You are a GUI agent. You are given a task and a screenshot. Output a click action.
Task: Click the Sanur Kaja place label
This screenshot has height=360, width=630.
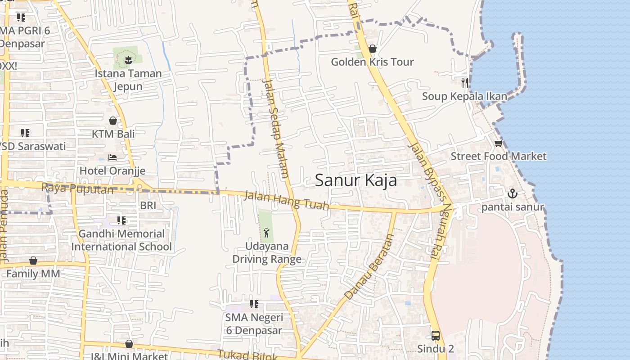click(355, 180)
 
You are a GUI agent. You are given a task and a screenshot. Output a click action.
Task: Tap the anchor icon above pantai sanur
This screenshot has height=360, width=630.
click(513, 194)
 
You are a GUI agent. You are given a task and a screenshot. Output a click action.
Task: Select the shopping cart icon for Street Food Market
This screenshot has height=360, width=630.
click(498, 144)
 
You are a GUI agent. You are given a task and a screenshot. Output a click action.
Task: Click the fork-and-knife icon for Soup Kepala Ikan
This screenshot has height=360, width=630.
click(465, 82)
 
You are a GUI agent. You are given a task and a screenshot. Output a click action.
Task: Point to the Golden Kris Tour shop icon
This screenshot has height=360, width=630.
click(373, 49)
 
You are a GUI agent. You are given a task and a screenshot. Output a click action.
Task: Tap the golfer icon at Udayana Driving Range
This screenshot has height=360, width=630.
click(266, 233)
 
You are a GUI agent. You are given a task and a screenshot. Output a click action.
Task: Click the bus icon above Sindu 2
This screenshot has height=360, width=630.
click(435, 335)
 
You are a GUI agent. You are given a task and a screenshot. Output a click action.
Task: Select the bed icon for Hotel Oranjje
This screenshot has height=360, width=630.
click(112, 157)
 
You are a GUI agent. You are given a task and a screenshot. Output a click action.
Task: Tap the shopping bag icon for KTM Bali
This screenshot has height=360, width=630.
click(113, 121)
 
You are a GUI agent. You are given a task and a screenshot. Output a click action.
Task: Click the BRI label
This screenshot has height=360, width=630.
click(148, 206)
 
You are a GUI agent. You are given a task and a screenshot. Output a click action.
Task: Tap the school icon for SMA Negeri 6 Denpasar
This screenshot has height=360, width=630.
click(254, 304)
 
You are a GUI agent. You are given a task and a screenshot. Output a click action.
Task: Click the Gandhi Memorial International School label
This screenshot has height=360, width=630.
click(121, 240)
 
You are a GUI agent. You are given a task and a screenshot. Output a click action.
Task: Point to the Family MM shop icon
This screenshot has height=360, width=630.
click(33, 261)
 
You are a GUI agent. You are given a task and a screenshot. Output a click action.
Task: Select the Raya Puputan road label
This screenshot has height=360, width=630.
click(77, 189)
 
